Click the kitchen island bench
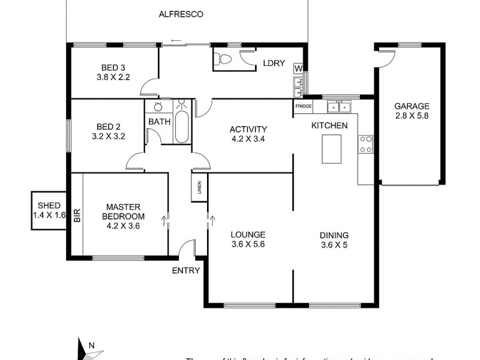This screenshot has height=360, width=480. coord(332,149)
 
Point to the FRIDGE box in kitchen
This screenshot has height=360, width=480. coord(303,106)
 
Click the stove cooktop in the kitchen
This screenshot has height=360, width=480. coord(365,144)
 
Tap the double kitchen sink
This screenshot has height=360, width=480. coord(339,107)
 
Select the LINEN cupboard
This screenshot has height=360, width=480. coord(199,188)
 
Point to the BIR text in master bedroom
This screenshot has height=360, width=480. coord(77,217)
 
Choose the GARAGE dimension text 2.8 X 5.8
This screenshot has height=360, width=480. coord(412,116)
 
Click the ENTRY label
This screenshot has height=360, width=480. coord(186,271)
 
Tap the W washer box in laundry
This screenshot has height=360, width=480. coord(298,68)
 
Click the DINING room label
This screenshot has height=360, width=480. coord(334,235)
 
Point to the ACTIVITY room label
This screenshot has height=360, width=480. coord(248,129)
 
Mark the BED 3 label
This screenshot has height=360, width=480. coord(113,67)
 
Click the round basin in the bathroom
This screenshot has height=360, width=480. coord(158,107)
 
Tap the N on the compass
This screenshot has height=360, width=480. coord(91,345)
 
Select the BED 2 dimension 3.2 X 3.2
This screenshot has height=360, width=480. coord(109,136)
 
